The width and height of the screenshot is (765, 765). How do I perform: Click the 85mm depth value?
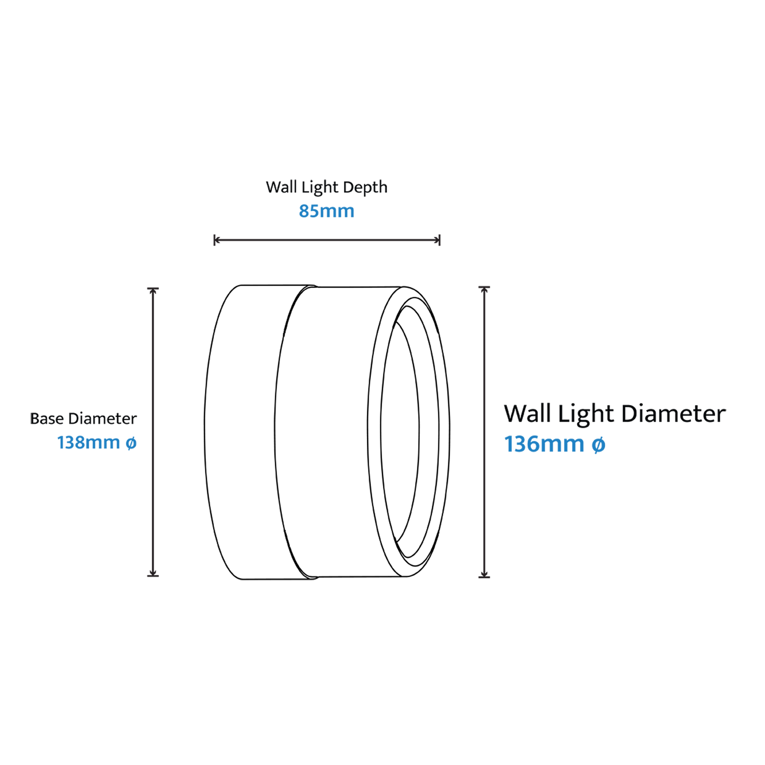pyautogui.click(x=326, y=211)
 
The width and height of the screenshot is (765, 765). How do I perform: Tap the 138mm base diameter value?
pyautogui.click(x=88, y=443)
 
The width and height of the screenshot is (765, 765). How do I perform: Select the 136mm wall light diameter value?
pyautogui.click(x=544, y=444)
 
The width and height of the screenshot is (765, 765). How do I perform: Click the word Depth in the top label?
pyautogui.click(x=365, y=187)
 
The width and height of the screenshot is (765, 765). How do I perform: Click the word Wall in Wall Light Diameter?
pyautogui.click(x=527, y=414)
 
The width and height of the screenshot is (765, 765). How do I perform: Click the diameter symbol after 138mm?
pyautogui.click(x=131, y=443)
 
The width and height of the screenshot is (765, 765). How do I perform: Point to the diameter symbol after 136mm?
pyautogui.click(x=598, y=445)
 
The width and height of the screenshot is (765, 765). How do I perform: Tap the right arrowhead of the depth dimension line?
pyautogui.click(x=437, y=240)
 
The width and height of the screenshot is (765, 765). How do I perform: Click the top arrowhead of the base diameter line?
pyautogui.click(x=153, y=291)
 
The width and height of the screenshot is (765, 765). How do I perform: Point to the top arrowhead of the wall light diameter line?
pyautogui.click(x=484, y=290)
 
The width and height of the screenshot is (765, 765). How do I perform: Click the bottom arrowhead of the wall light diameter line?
pyautogui.click(x=484, y=574)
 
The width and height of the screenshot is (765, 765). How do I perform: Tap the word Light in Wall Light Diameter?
pyautogui.click(x=586, y=414)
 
